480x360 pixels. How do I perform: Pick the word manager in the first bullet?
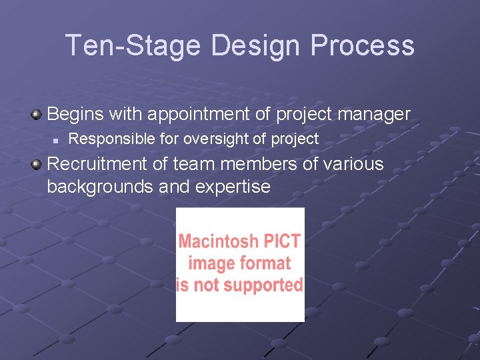(x=374, y=115)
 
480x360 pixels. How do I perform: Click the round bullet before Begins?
(x=37, y=113)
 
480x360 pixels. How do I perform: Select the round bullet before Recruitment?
(x=37, y=163)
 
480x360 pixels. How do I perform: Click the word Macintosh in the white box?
(x=221, y=241)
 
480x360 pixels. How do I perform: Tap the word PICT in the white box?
(x=283, y=241)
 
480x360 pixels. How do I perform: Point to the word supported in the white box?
(x=264, y=285)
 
